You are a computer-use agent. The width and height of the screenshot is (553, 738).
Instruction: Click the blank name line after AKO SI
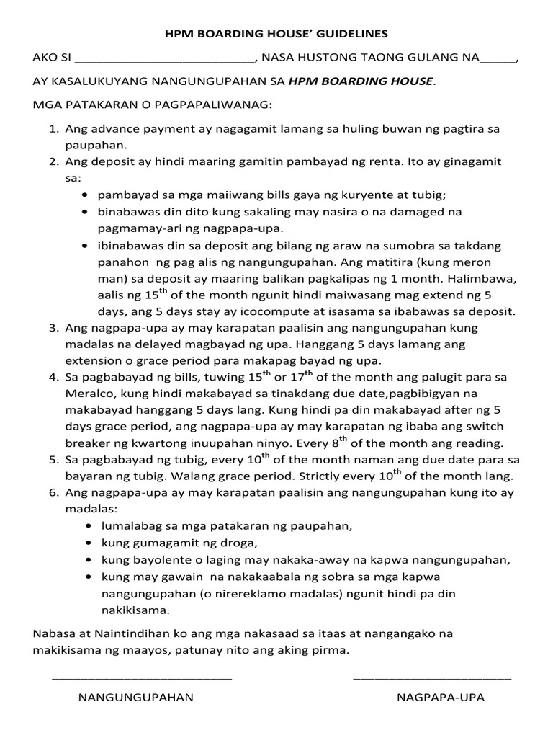pyautogui.click(x=165, y=61)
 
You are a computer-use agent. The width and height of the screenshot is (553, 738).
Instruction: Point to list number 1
pyautogui.click(x=53, y=130)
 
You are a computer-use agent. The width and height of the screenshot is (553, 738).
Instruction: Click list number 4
pyautogui.click(x=53, y=377)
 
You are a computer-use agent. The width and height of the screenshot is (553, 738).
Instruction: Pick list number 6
pyautogui.click(x=53, y=493)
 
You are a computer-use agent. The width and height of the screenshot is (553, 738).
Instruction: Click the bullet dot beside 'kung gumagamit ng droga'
pyautogui.click(x=87, y=543)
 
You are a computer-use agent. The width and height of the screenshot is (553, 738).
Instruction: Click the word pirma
pyautogui.click(x=332, y=650)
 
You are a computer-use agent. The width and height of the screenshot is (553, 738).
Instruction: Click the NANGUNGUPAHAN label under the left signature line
pyautogui.click(x=136, y=698)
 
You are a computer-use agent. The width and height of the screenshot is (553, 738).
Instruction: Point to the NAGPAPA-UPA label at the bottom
pyautogui.click(x=441, y=698)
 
